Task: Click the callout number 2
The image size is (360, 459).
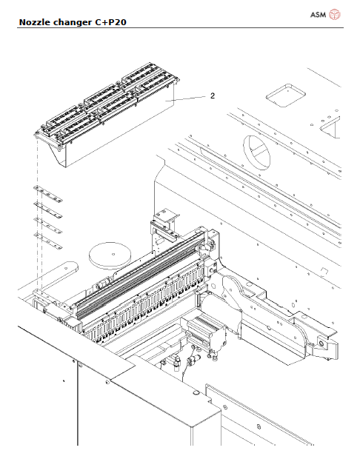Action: click(212, 96)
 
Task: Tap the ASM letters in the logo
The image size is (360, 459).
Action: click(316, 15)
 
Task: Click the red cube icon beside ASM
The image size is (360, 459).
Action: click(335, 15)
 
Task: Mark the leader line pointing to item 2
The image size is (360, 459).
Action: click(187, 98)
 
